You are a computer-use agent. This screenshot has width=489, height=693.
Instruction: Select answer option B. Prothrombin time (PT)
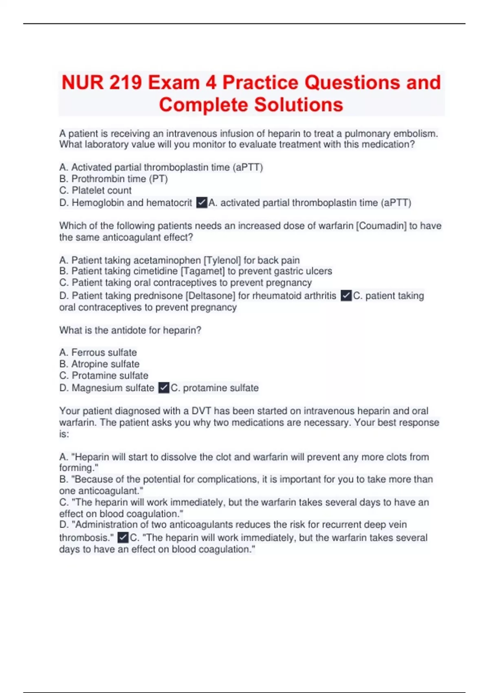113,179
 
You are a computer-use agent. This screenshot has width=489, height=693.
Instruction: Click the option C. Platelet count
95,190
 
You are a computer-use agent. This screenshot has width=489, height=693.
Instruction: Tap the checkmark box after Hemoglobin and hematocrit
202,202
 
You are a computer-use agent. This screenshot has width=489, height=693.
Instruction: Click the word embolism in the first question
416,133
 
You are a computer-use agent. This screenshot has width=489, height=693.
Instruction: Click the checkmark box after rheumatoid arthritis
346,296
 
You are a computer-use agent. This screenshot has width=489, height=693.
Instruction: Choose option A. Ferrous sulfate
98,352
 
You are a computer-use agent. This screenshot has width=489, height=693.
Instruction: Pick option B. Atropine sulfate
99,364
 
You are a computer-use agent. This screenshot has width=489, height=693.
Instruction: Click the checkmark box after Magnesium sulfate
164,388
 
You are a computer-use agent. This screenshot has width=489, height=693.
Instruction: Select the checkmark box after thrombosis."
123,538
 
